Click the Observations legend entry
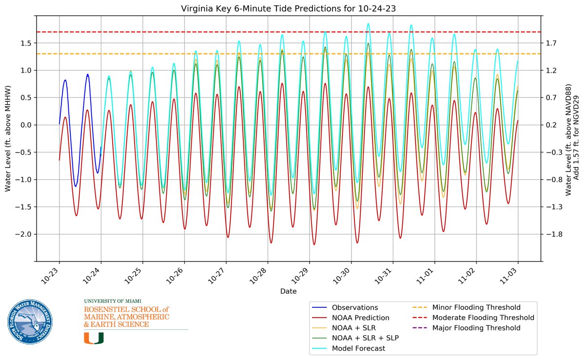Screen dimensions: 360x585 (355, 307)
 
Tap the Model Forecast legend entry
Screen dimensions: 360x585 (358, 348)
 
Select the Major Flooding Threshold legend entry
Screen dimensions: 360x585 (476, 328)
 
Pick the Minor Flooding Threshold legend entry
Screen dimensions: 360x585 (476, 307)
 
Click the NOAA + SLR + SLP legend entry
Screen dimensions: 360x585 (365, 338)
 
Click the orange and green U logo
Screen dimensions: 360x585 (94, 338)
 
